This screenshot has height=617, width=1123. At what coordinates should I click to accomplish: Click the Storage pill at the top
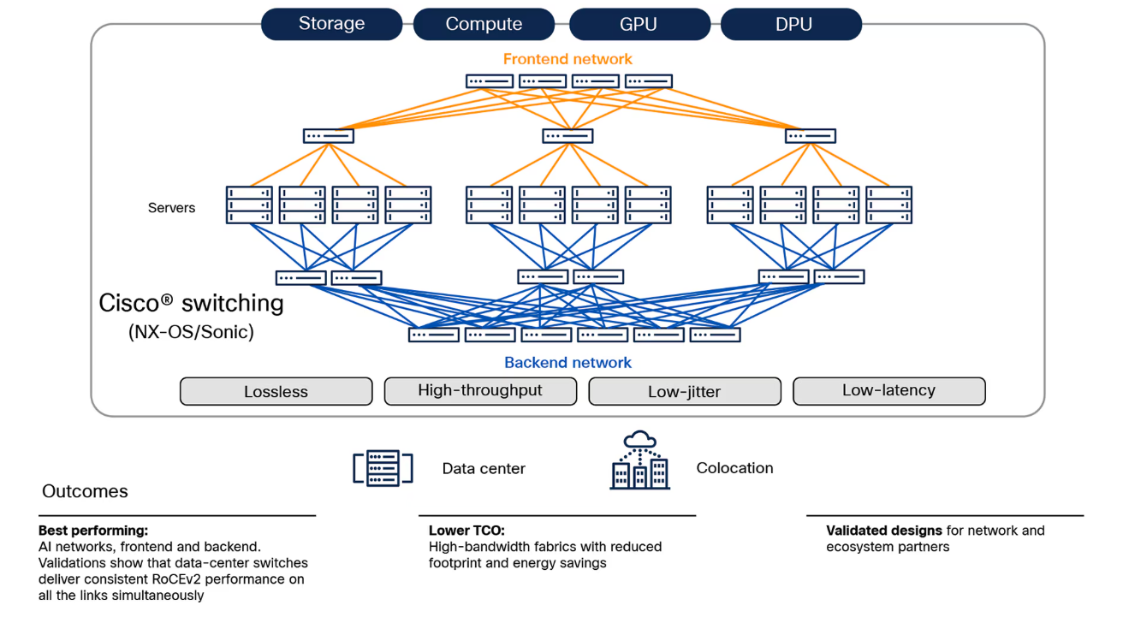331,24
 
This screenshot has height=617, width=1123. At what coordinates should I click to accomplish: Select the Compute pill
484,24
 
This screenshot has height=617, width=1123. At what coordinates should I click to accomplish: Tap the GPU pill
639,24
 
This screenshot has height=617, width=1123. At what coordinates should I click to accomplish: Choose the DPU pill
792,24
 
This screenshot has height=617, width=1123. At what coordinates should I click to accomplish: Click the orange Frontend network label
567,59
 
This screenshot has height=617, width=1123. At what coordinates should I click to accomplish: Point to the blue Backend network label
567,363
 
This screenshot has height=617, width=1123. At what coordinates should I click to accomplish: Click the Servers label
171,208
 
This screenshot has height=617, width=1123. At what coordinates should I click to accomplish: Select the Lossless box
276,391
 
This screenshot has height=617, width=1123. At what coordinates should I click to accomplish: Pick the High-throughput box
480,390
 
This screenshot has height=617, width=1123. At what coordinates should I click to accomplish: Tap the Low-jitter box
684,391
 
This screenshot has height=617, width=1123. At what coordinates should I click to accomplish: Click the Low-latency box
888,390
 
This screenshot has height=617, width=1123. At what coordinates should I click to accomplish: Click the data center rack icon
383,468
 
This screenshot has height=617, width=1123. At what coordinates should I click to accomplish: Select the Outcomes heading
85,491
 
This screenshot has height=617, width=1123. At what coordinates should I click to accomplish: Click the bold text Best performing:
93,531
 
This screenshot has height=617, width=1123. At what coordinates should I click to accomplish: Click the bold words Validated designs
884,531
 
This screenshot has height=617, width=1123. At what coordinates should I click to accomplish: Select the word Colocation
734,468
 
